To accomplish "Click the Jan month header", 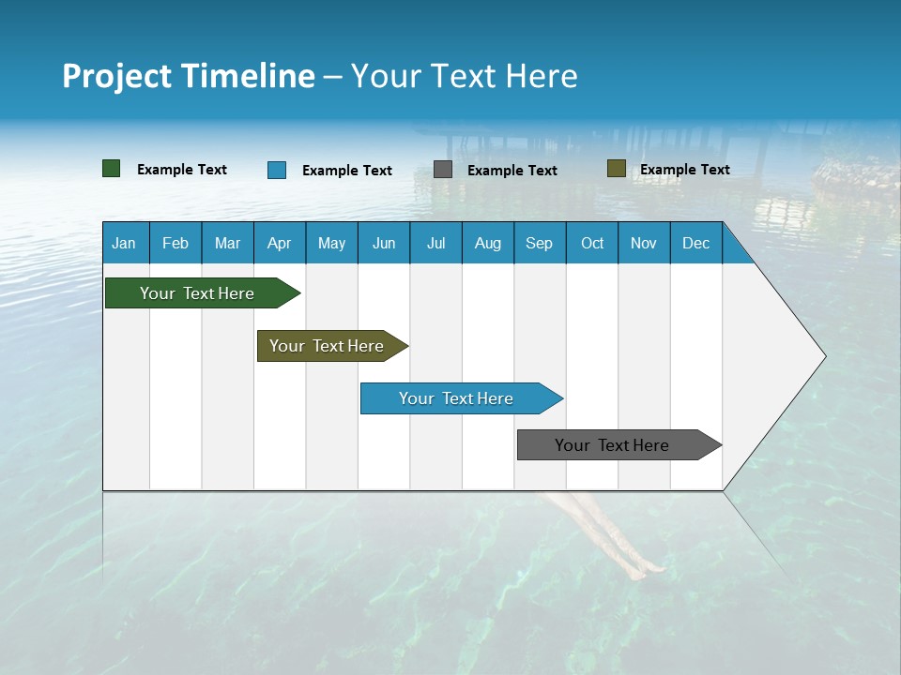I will tap(124, 243).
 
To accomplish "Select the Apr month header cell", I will tap(279, 243).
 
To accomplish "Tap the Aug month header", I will tap(487, 243).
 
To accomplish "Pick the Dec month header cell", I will tap(695, 243).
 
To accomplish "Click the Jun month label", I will tap(383, 243).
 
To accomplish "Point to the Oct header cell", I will tap(591, 243).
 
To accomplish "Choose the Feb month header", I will tap(175, 243).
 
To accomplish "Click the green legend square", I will tap(111, 169).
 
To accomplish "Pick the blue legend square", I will tap(277, 170).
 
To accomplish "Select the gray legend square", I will tap(443, 170).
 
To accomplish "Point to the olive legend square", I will tap(616, 169).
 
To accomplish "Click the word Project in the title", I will tap(117, 76).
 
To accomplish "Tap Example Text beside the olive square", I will tap(684, 170).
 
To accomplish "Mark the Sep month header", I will tap(539, 243).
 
